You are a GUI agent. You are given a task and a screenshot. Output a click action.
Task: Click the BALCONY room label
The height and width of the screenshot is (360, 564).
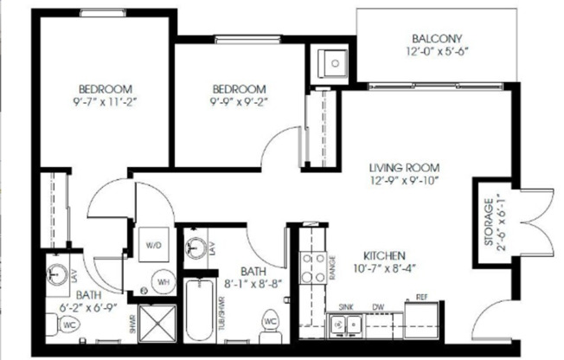438,38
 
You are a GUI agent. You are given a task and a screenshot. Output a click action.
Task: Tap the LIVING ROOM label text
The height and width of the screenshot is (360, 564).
404,167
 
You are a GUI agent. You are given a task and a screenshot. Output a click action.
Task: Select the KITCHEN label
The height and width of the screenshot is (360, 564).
385,256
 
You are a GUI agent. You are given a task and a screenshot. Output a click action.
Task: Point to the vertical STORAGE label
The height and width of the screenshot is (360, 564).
488,223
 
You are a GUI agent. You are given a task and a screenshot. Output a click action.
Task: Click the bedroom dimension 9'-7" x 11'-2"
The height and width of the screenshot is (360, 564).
106,101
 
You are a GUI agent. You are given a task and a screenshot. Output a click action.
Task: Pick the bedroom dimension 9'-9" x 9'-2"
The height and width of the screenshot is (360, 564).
240,101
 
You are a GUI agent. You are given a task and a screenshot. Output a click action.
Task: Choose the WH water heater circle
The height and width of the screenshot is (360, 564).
162,281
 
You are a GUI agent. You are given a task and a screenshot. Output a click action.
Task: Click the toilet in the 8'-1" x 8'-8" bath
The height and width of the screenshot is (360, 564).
270,321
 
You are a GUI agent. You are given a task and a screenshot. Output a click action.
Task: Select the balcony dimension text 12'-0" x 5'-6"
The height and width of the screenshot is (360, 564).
438,51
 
